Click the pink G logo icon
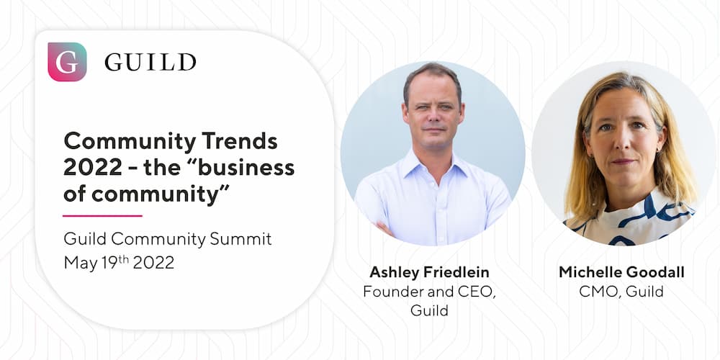point(67,61)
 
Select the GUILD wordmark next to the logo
point(150,62)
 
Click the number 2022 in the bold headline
point(93,168)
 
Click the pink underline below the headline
point(102,215)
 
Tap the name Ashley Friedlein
point(429,272)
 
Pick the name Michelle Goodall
point(621,272)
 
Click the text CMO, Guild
point(621,291)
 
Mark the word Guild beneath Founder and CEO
point(429,310)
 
